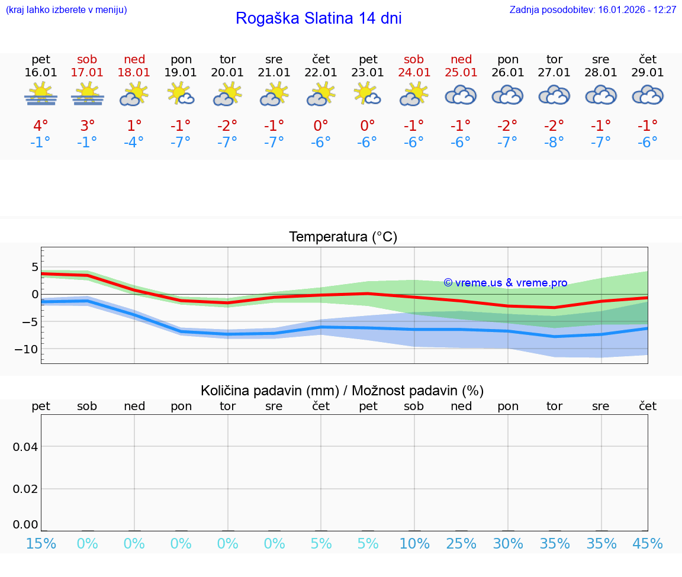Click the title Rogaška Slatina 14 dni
(319, 18)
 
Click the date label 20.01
(227, 72)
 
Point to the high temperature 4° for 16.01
(41, 126)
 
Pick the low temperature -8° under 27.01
(554, 143)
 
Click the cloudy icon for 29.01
(648, 95)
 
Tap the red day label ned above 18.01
(134, 59)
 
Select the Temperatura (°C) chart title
(343, 237)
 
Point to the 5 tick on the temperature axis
(34, 267)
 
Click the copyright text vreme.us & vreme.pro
(506, 283)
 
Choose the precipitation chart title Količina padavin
(342, 391)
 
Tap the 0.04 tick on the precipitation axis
(25, 447)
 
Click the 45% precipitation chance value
(648, 543)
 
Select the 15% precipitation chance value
(41, 543)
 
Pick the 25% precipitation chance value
(461, 543)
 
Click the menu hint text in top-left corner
(66, 9)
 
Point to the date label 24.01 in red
(414, 72)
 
